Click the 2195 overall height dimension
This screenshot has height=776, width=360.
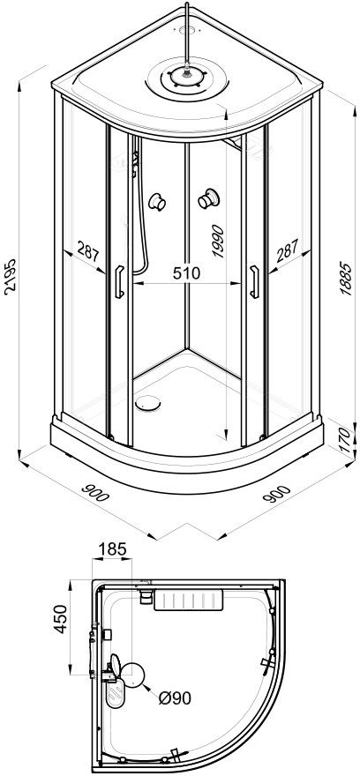click(11, 276)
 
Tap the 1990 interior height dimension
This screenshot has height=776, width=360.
click(218, 242)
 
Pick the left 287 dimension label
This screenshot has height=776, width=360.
click(88, 252)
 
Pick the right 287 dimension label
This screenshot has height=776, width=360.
click(288, 251)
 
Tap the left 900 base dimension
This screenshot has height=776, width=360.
click(94, 491)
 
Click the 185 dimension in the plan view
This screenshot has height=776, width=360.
click(112, 548)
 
